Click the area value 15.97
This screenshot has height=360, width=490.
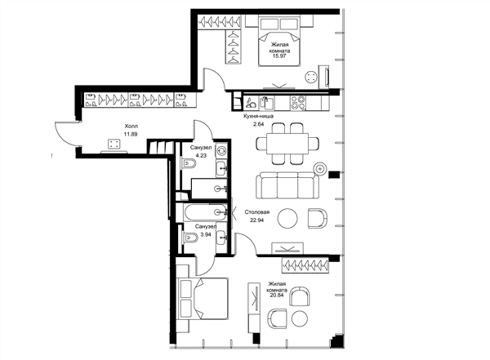coord(280,56)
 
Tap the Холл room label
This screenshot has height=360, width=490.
coord(131,127)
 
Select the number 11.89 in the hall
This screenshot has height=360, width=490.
coord(131,134)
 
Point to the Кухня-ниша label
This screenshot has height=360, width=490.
coord(259,116)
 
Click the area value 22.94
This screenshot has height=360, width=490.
coord(257,220)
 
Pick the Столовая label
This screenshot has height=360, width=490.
coord(257,212)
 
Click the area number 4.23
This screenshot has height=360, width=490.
coord(201,155)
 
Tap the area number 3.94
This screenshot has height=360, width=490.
coord(205,234)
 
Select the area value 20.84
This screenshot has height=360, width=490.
coord(276,295)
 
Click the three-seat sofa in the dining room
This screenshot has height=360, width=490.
coord(287,185)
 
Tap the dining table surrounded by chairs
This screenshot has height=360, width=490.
coord(287,144)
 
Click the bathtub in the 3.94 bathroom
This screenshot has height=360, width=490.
coord(206,212)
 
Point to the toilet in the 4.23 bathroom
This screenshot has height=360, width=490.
coord(189,163)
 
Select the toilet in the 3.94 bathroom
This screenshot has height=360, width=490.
coord(190,238)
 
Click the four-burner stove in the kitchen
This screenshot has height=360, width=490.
coord(298,103)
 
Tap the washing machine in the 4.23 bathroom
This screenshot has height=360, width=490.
coord(221,150)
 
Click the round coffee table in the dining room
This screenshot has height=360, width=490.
coord(287,219)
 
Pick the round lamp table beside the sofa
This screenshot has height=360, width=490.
coord(320,169)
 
